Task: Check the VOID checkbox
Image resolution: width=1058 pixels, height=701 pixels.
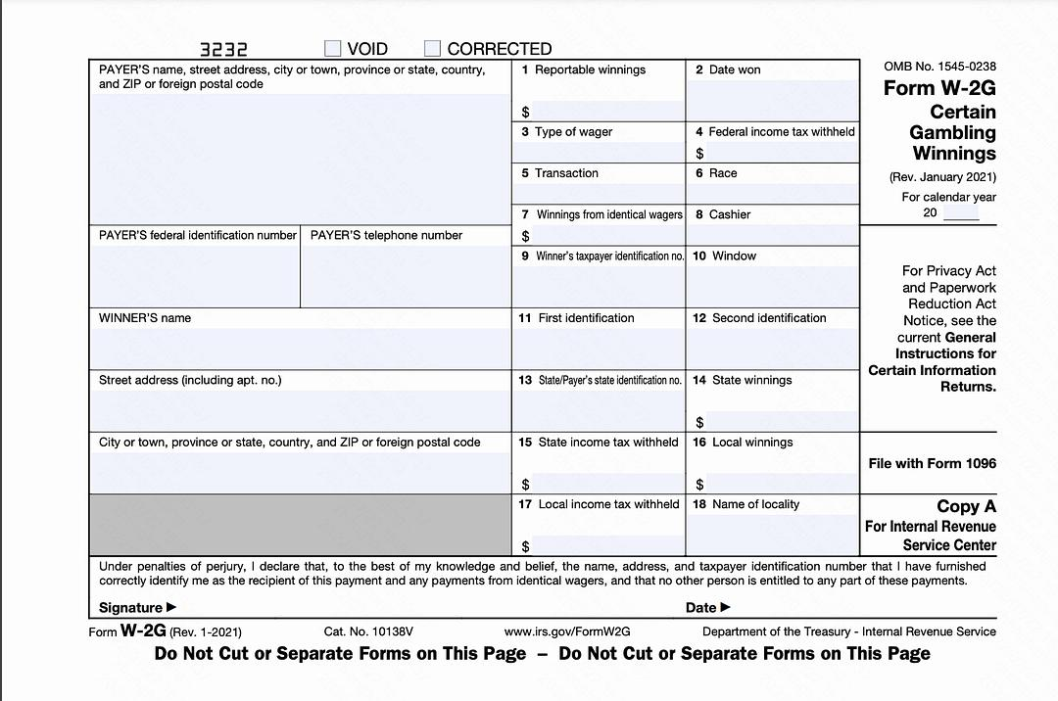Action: pyautogui.click(x=333, y=48)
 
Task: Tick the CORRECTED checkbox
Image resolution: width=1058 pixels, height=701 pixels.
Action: pyautogui.click(x=433, y=48)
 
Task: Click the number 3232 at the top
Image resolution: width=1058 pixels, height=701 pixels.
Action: pyautogui.click(x=223, y=49)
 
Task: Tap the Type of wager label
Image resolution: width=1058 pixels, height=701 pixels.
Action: pyautogui.click(x=573, y=132)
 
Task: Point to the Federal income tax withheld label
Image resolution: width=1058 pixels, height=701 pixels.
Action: pyautogui.click(x=781, y=132)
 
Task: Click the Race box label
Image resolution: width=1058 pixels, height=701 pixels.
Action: pyautogui.click(x=723, y=173)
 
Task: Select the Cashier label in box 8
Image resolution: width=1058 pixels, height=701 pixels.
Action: pyautogui.click(x=729, y=214)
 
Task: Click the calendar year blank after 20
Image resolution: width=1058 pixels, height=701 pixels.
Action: pyautogui.click(x=960, y=213)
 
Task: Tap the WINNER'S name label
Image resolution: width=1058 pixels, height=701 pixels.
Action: pyautogui.click(x=145, y=318)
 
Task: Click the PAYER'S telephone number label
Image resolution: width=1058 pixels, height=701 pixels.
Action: pyautogui.click(x=386, y=236)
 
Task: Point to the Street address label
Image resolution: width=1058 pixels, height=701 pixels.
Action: pyautogui.click(x=190, y=380)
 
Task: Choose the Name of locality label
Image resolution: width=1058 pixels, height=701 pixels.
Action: pyautogui.click(x=755, y=504)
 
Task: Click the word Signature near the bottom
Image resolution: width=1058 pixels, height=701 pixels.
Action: pyautogui.click(x=131, y=607)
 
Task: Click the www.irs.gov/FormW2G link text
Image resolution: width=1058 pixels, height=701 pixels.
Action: pyautogui.click(x=567, y=632)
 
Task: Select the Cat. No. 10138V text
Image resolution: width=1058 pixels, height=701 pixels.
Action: pyautogui.click(x=368, y=632)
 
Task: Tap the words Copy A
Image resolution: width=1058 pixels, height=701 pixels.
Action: pyautogui.click(x=966, y=506)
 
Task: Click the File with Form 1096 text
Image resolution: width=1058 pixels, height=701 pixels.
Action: pyautogui.click(x=932, y=463)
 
